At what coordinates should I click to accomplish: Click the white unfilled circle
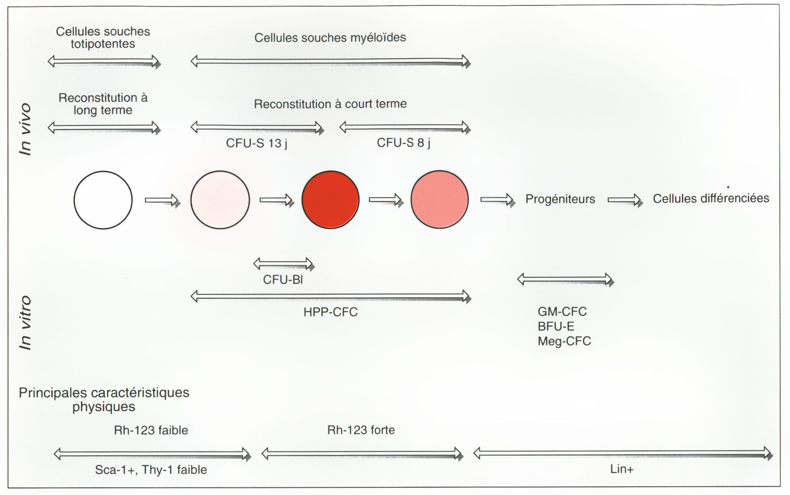(103, 200)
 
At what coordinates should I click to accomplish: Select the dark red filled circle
(331, 200)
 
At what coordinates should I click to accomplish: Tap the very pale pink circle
(220, 200)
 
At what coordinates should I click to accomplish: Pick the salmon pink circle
(439, 199)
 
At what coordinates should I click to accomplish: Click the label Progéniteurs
(560, 199)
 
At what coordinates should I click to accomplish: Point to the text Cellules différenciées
(711, 198)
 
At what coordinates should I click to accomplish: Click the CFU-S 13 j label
(257, 143)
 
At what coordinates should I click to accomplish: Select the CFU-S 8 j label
(404, 143)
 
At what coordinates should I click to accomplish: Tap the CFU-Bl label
(283, 279)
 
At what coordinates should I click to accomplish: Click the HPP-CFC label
(331, 312)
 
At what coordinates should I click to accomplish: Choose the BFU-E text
(556, 326)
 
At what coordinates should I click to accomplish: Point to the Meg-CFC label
(564, 341)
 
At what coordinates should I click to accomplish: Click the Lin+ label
(622, 469)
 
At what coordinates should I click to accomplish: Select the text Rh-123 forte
(361, 430)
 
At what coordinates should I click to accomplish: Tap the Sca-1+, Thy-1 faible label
(151, 470)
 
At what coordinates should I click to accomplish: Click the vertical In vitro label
(25, 322)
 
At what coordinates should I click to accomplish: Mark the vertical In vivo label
(25, 129)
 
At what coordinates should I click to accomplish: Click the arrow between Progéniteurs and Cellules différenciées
(625, 200)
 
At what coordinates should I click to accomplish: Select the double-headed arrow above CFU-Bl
(284, 264)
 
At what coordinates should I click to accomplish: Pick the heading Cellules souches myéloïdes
(330, 37)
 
